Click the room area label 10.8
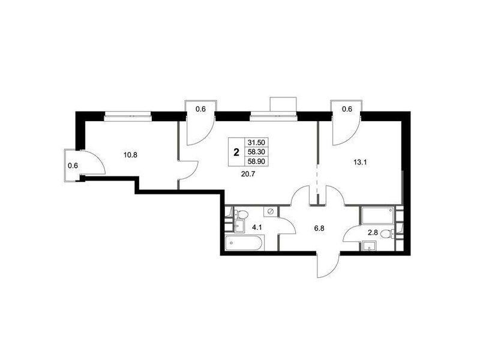click(x=130, y=155)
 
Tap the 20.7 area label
click(x=248, y=175)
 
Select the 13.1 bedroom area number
click(x=360, y=163)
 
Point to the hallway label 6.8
click(x=319, y=228)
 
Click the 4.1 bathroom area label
click(x=257, y=227)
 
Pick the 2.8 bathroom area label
click(x=373, y=233)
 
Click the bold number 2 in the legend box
click(x=236, y=152)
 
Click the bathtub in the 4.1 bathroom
click(x=244, y=243)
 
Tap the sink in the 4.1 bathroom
click(x=241, y=226)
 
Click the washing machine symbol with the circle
click(x=271, y=212)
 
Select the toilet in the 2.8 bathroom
click(x=387, y=234)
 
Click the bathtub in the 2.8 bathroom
click(x=377, y=215)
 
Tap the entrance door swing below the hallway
click(x=329, y=264)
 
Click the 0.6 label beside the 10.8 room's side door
click(x=73, y=166)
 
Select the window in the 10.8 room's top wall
click(x=128, y=116)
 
